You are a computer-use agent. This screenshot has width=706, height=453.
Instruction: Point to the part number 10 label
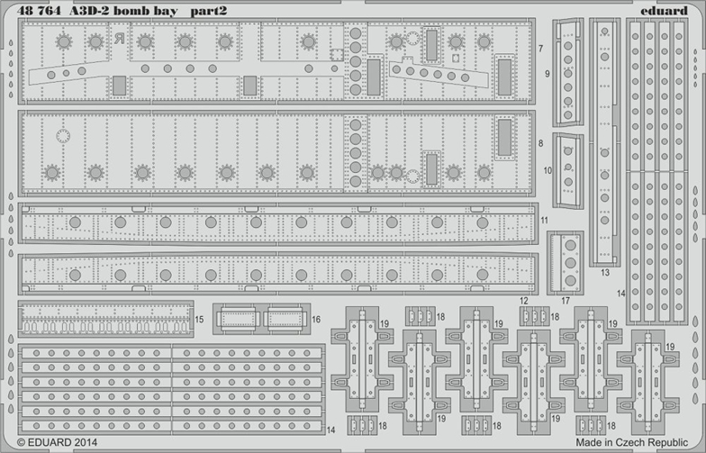548,169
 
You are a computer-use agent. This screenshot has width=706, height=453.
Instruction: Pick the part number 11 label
544,220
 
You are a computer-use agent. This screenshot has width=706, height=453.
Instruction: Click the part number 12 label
523,300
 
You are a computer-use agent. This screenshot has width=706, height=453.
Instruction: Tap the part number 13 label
604,272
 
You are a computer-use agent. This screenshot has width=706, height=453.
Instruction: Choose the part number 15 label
199,319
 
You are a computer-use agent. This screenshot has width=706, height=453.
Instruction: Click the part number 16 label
316,319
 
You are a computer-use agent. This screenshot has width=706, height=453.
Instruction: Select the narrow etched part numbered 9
568,72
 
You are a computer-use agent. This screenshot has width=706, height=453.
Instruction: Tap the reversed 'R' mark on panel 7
119,38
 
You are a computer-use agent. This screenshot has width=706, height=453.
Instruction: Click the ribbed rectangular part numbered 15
104,319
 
